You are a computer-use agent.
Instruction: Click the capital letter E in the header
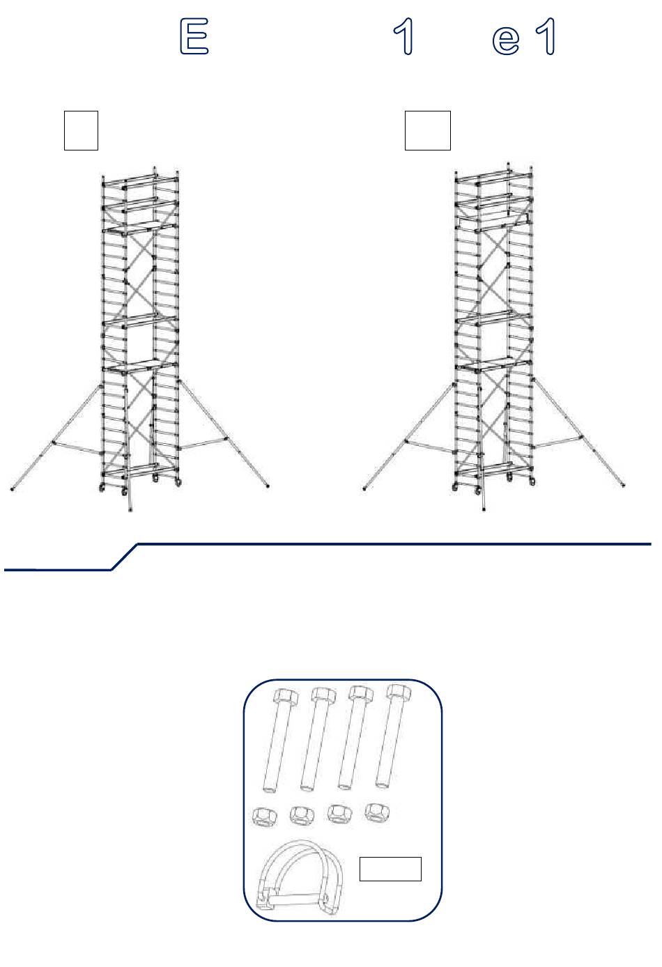(194, 36)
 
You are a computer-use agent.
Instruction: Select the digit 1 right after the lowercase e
(546, 36)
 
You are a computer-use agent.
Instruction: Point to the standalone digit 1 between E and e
(403, 36)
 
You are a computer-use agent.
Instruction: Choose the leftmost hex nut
(264, 817)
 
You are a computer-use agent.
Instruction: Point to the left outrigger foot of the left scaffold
(12, 489)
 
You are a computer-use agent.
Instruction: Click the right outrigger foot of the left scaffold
(268, 486)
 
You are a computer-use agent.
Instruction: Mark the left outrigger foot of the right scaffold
(364, 488)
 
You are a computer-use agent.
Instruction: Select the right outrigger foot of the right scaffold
(623, 486)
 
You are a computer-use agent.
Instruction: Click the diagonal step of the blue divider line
(124, 557)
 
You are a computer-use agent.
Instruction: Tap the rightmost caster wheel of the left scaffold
(178, 482)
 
